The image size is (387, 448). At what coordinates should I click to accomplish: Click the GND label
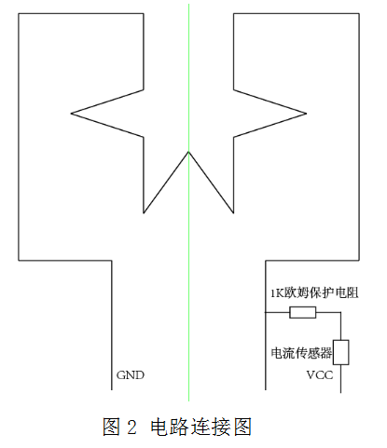[x=131, y=375]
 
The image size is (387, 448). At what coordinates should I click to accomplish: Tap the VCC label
[x=320, y=375]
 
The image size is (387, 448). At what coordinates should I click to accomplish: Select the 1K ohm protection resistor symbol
[x=303, y=312]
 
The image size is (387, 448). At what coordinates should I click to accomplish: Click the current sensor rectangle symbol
[x=341, y=352]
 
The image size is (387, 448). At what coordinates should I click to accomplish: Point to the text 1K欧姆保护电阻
[x=314, y=292]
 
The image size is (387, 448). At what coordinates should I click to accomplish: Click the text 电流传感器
[x=301, y=353]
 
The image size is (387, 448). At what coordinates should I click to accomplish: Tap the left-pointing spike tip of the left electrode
[x=71, y=114]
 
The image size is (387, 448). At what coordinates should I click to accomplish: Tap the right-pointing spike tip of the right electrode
[x=307, y=114]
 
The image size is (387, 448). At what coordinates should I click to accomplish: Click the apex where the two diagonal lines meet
[x=188, y=152]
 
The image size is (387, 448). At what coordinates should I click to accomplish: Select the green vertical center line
[x=188, y=202]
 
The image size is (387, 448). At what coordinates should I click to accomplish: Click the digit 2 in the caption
[x=132, y=428]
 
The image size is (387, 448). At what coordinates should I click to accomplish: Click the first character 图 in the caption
[x=111, y=427]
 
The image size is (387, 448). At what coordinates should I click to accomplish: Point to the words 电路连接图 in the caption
[x=200, y=427]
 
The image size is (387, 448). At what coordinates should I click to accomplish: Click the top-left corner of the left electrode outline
[x=19, y=13]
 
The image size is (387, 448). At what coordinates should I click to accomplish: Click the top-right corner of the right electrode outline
[x=359, y=13]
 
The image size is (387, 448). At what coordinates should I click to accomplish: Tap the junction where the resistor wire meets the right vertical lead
[x=266, y=312]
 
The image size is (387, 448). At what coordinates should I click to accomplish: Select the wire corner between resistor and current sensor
[x=341, y=312]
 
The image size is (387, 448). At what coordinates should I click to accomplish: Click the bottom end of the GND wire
[x=112, y=389]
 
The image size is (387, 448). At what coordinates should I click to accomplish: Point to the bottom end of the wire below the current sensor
[x=341, y=393]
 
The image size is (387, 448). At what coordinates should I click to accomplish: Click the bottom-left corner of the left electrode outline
[x=19, y=260]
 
